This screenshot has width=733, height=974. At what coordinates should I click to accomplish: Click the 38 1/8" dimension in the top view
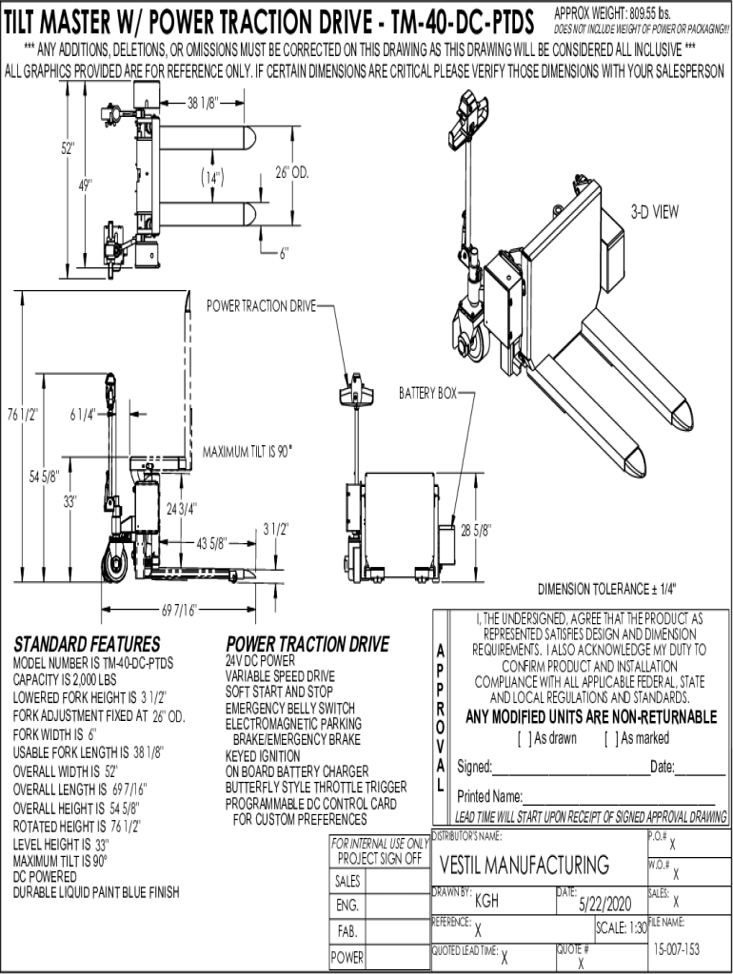tap(203, 103)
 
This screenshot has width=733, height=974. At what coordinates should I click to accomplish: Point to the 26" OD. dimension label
tap(292, 172)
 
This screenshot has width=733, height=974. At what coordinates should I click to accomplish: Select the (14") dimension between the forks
tap(212, 178)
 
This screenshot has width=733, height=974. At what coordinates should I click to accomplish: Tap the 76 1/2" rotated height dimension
tap(23, 415)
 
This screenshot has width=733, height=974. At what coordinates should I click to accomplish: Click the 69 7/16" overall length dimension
tap(179, 610)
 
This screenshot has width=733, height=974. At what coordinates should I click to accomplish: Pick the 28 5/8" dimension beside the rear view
tap(476, 530)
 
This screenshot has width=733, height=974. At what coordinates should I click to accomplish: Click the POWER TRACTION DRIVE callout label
tap(261, 305)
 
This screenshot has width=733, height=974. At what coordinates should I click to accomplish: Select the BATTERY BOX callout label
tap(427, 393)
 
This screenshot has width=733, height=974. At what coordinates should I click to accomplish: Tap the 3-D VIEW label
tap(655, 212)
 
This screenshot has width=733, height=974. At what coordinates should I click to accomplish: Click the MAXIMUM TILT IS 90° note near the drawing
tap(248, 452)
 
